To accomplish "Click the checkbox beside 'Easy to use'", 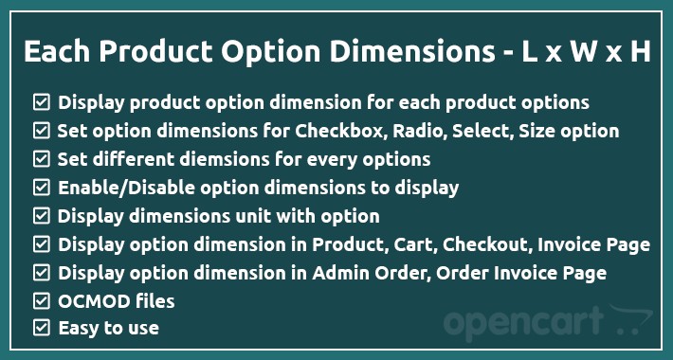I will click(x=41, y=329).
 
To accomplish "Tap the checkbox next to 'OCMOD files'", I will click(x=41, y=302).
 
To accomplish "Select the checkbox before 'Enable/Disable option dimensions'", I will click(x=41, y=187).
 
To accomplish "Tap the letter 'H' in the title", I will click(x=640, y=52).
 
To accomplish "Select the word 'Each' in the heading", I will click(x=55, y=52).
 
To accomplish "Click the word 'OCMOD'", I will click(x=88, y=302).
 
